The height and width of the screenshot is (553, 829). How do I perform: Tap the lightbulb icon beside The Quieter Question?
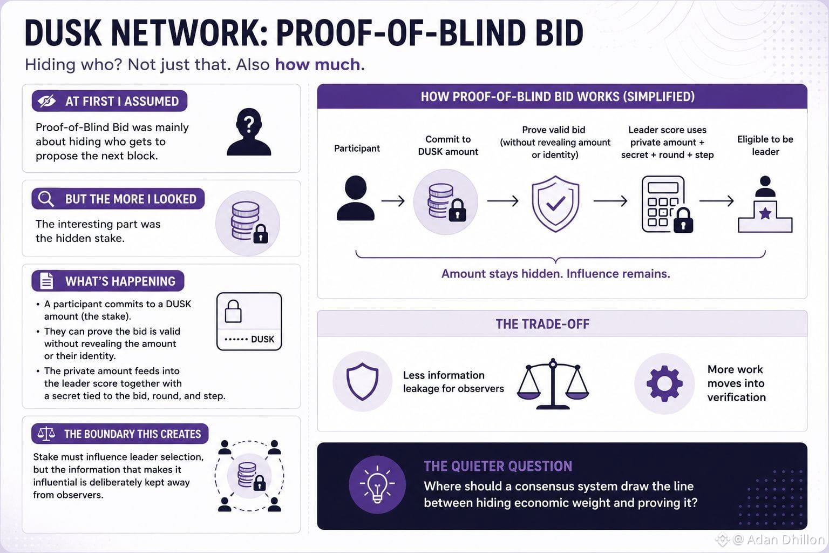point(377,484)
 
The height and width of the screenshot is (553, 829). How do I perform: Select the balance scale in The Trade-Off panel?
point(553,383)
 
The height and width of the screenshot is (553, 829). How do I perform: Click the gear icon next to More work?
point(664,383)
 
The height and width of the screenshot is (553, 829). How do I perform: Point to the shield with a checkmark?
point(555,204)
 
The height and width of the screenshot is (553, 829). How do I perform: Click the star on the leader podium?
point(765,213)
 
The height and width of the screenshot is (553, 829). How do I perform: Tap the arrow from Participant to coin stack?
point(393,201)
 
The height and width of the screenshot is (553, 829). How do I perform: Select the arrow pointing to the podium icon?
point(717,201)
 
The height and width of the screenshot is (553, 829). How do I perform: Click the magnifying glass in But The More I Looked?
point(46,199)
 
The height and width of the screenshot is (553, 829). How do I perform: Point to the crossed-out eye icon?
point(46,101)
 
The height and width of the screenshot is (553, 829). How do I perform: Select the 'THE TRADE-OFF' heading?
point(542,324)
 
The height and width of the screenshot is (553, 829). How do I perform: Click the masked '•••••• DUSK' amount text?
point(249,339)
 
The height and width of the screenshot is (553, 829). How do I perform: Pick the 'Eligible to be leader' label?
point(765,146)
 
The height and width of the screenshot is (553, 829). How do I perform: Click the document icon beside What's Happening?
point(46,281)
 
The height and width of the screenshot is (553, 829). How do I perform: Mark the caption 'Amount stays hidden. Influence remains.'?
point(555,274)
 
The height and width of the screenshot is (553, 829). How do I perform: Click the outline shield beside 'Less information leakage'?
point(362,381)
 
